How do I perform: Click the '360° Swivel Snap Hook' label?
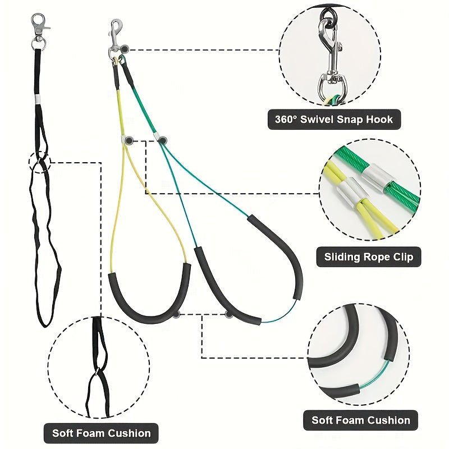click(x=334, y=120)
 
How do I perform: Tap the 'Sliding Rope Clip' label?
click(x=369, y=257)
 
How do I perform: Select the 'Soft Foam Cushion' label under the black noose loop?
click(x=101, y=433)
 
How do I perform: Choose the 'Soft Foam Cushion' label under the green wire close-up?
click(x=360, y=420)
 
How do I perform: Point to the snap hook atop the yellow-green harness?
click(x=116, y=37)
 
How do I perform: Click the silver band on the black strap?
click(x=38, y=99)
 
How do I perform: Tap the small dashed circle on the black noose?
click(x=39, y=162)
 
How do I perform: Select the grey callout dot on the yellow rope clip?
click(x=129, y=141)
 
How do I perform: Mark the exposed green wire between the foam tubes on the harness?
click(x=279, y=314)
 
